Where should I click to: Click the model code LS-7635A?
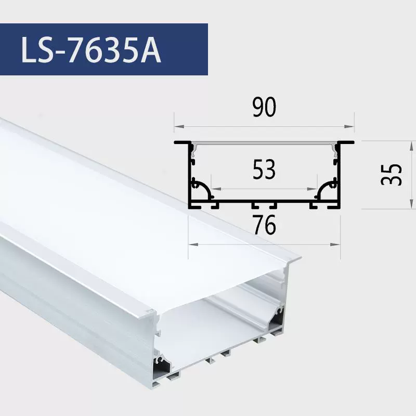[x=90, y=49]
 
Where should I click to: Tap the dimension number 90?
[x=264, y=107]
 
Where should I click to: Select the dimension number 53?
[x=264, y=169]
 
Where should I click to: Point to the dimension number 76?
[x=264, y=225]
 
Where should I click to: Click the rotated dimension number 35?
[x=391, y=174]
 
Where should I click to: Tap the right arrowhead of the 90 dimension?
[x=349, y=126]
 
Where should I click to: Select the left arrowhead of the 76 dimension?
[x=193, y=244]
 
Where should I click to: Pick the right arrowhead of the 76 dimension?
[x=335, y=244]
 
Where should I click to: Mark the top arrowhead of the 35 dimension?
[x=411, y=146]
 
